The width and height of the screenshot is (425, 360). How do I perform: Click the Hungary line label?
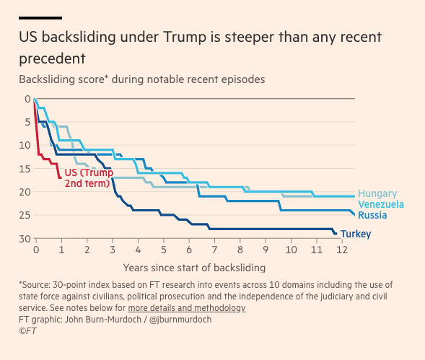pyautogui.click(x=377, y=193)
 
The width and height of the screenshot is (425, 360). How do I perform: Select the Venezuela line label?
pyautogui.click(x=380, y=204)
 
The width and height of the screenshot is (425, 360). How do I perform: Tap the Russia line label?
pyautogui.click(x=372, y=215)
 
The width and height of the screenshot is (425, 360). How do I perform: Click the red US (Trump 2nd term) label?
pyautogui.click(x=89, y=178)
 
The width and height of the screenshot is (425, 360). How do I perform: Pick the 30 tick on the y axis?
pyautogui.click(x=26, y=239)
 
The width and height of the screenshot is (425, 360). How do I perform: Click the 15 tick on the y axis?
pyautogui.click(x=26, y=169)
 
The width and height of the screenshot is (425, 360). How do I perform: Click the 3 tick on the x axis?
pyautogui.click(x=113, y=250)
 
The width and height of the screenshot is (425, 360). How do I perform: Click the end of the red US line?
pyautogui.click(x=60, y=177)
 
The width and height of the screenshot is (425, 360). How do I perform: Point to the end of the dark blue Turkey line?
pyautogui.click(x=336, y=234)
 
